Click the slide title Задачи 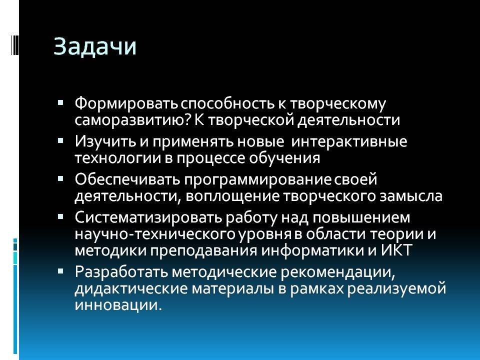(x=95, y=47)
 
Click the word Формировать (x=126, y=104)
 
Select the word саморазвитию (x=132, y=119)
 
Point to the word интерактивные (x=349, y=141)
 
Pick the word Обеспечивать (x=127, y=179)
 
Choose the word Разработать (x=121, y=271)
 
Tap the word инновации (x=118, y=305)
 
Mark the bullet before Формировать (x=60, y=102)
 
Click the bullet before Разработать (x=60, y=271)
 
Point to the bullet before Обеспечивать (x=60, y=178)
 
